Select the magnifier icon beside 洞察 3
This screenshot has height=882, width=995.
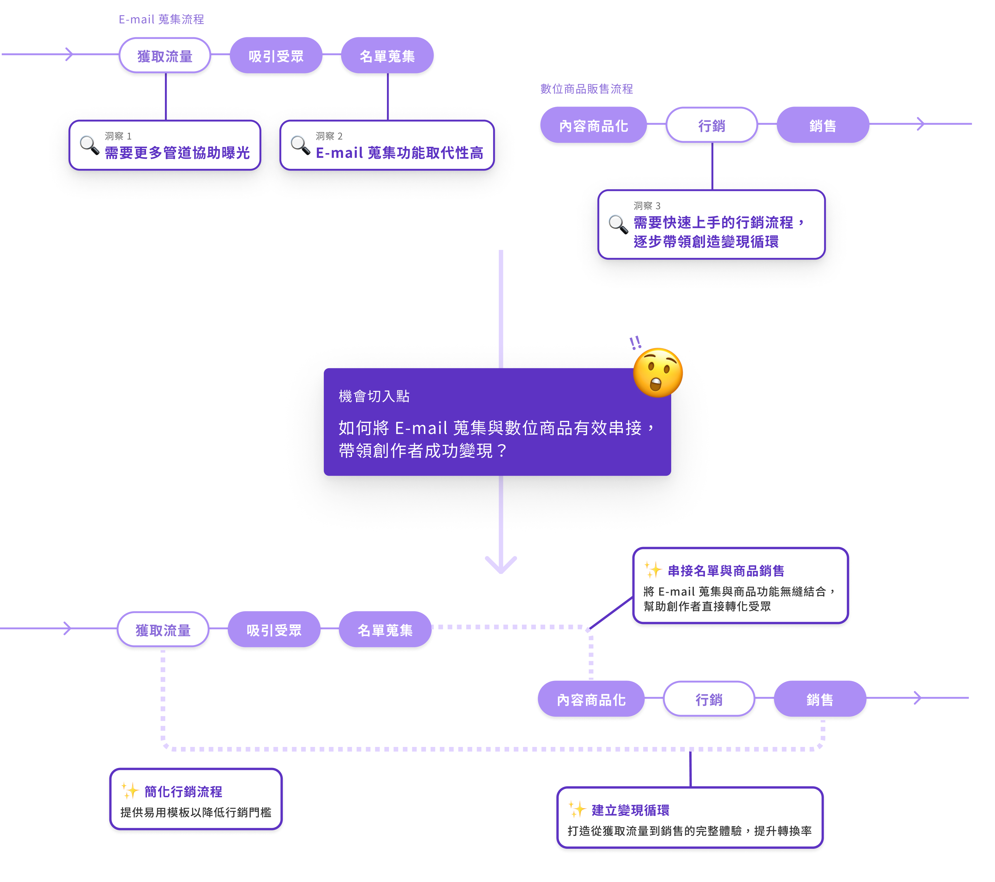(618, 224)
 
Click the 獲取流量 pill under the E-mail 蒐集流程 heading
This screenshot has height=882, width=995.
(165, 56)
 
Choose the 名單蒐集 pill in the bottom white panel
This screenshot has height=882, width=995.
(385, 630)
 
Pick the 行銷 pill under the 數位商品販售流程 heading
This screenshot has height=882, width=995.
(712, 126)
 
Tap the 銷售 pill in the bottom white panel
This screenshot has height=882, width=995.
(820, 699)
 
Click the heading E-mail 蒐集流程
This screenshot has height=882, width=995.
(161, 20)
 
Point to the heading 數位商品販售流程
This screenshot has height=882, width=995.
(587, 89)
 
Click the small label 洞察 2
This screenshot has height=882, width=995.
(329, 136)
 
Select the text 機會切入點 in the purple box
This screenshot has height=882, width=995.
(374, 396)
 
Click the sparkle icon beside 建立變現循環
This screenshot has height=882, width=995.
(577, 810)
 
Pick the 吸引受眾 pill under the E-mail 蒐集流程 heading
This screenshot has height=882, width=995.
(276, 56)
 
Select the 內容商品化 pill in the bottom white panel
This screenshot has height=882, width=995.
(591, 699)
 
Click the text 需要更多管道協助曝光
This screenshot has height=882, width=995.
(177, 153)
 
